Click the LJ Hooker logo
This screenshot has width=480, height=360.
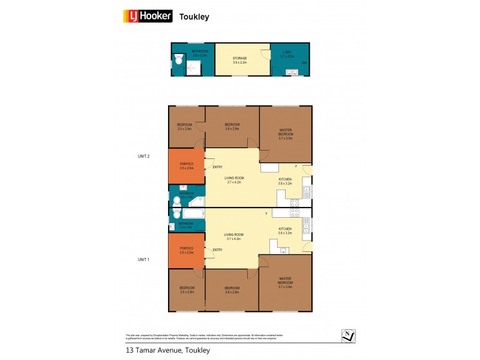point(148,16)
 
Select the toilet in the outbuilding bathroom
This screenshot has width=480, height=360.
point(178,59)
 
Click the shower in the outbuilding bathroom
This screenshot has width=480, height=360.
point(192,70)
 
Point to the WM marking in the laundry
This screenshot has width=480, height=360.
point(304,63)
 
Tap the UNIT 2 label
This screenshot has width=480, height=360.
point(143,156)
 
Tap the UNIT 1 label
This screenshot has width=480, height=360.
point(143,259)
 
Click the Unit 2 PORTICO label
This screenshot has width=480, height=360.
point(186,166)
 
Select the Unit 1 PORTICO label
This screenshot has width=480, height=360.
point(186,251)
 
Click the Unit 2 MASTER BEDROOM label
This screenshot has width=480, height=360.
point(285,133)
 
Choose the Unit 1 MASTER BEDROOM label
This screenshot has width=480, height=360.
point(285,282)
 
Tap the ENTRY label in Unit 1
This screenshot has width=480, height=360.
point(217,250)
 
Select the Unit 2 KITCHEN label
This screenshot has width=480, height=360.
point(284,181)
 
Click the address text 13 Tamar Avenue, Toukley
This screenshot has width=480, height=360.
point(167,350)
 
